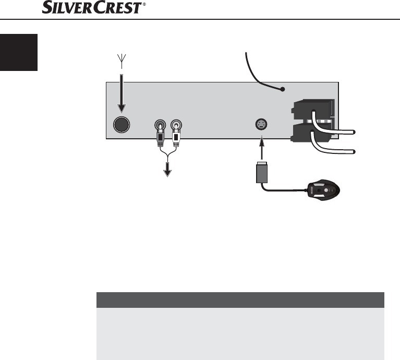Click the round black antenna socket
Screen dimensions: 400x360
tap(122, 125)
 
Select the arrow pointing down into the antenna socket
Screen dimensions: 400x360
tap(122, 94)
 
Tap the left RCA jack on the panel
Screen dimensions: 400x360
tap(161, 125)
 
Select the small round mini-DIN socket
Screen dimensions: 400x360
tap(261, 125)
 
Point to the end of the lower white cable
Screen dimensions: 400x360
tap(354, 152)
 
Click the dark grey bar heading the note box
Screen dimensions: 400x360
tap(240, 300)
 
